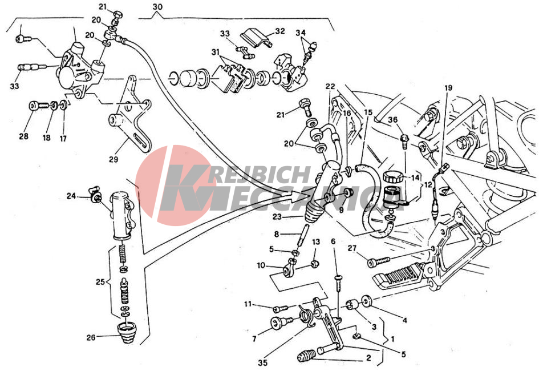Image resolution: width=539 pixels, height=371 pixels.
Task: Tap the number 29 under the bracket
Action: (113, 159)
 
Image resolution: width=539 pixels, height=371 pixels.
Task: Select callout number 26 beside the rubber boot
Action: (91, 337)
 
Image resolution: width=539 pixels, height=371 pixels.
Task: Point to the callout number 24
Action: (71, 196)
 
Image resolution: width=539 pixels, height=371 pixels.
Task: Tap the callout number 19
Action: (448, 88)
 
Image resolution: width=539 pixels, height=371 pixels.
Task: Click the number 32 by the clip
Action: (279, 31)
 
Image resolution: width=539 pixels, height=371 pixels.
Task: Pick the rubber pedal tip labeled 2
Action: (307, 358)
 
